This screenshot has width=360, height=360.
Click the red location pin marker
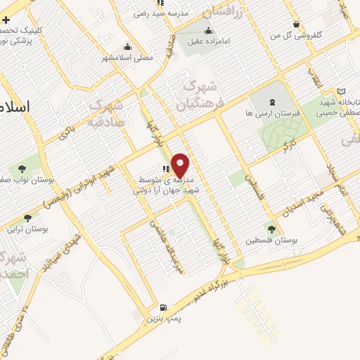(181, 165)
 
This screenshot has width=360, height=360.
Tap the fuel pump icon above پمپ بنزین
(164, 307)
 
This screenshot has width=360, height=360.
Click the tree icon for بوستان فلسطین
(271, 229)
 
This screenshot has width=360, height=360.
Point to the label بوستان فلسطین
(271, 240)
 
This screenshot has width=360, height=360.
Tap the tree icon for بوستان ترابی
(27, 219)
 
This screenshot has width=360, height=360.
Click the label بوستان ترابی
(25, 230)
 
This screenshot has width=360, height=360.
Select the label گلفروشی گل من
(300, 34)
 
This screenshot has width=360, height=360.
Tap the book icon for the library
(341, 91)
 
